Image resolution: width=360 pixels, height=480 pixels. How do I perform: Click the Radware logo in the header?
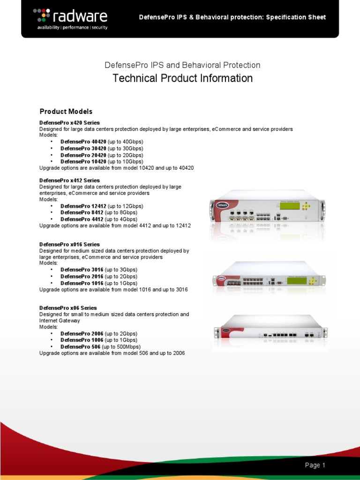70,19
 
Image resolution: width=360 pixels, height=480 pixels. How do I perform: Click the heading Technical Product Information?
182,78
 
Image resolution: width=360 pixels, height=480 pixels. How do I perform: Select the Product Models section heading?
66,112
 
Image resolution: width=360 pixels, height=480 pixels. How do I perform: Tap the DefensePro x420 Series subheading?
69,123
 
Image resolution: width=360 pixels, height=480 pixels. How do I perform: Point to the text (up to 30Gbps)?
125,149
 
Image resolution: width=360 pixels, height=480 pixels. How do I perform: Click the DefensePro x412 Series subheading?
69,180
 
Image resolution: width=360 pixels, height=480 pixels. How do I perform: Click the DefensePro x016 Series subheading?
69,245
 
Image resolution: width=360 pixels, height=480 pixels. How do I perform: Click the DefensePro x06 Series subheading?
68,308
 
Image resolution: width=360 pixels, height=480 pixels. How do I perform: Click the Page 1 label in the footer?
315,465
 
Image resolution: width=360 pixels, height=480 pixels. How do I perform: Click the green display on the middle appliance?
297,281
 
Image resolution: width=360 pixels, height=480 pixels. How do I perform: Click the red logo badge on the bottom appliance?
227,330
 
